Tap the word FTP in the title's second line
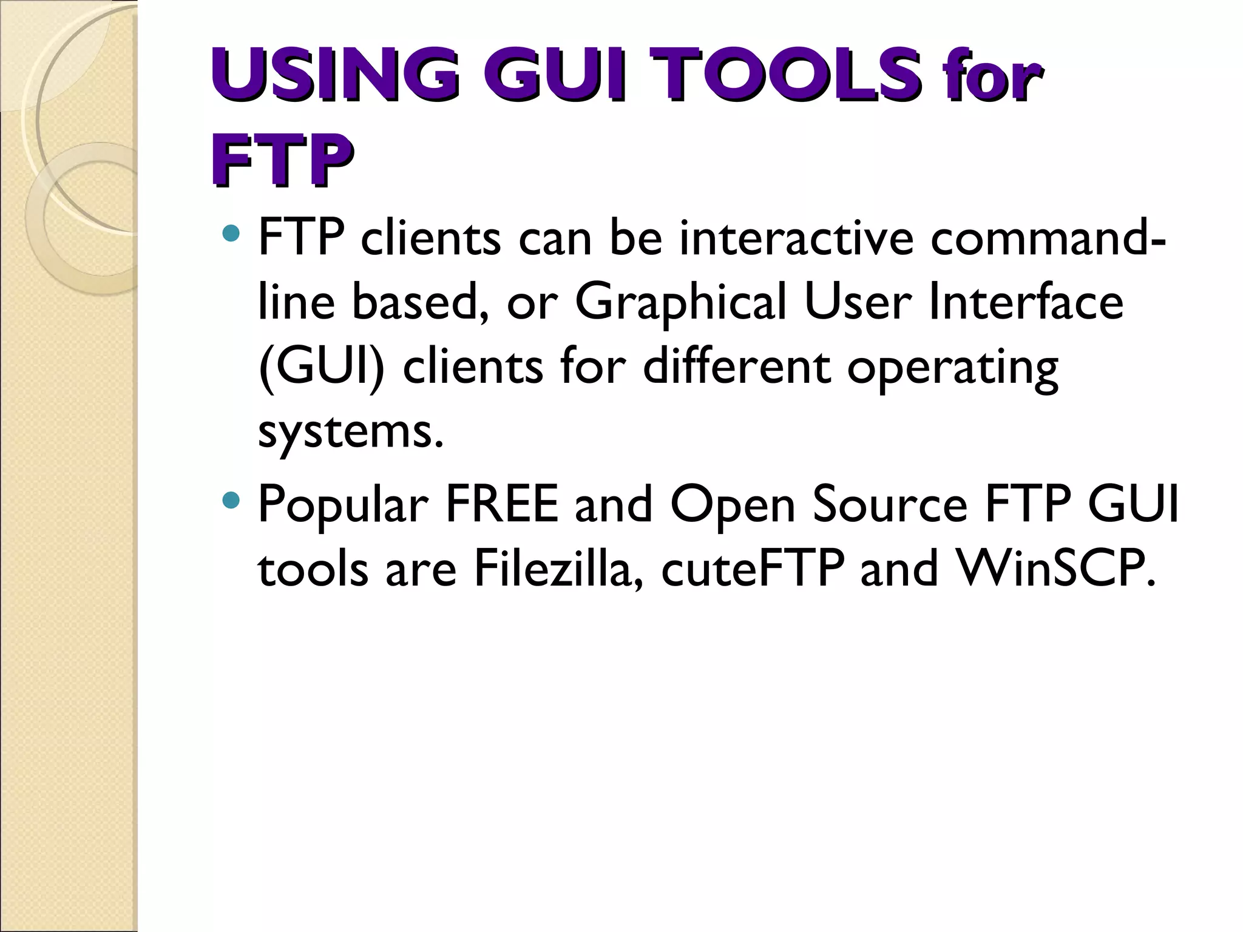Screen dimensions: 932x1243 point(282,159)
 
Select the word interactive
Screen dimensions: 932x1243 point(796,237)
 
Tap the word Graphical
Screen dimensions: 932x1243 point(680,302)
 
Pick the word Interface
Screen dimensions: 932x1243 point(1026,302)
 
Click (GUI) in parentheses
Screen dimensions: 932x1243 point(322,367)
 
